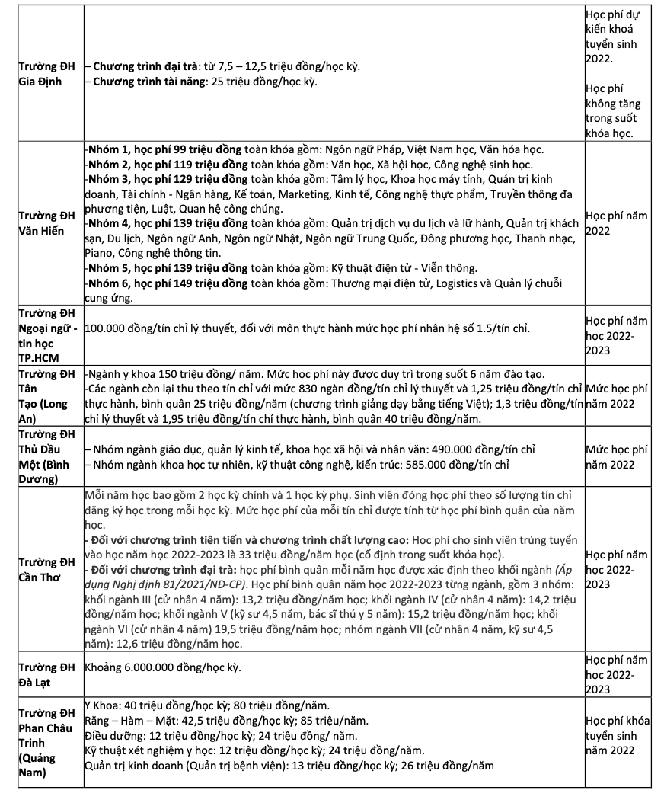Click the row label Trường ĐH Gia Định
click(41, 74)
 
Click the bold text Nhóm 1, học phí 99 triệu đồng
click(167, 150)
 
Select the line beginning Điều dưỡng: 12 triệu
click(220, 736)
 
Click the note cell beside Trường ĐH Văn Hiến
click(617, 223)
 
